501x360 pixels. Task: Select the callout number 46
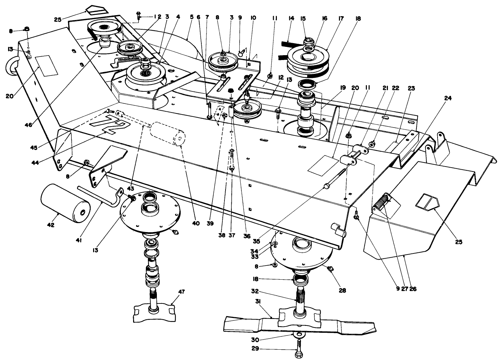point(29,125)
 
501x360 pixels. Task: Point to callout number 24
point(448,98)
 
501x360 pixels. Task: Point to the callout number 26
point(413,289)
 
